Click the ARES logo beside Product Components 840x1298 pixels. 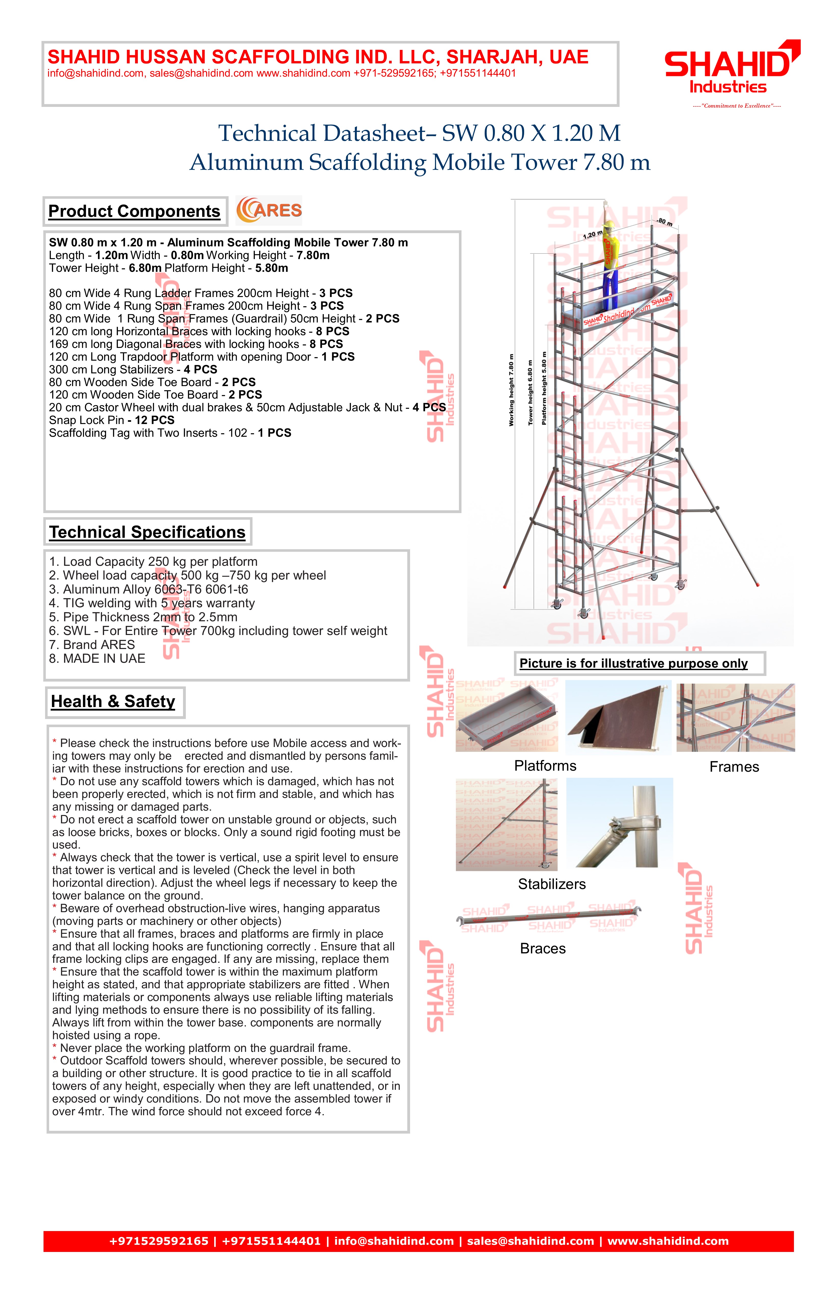point(269,210)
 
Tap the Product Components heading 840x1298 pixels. point(134,211)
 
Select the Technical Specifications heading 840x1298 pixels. point(147,532)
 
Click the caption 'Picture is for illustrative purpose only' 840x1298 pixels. point(633,664)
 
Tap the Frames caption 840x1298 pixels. point(734,767)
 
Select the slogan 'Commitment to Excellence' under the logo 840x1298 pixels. point(736,106)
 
